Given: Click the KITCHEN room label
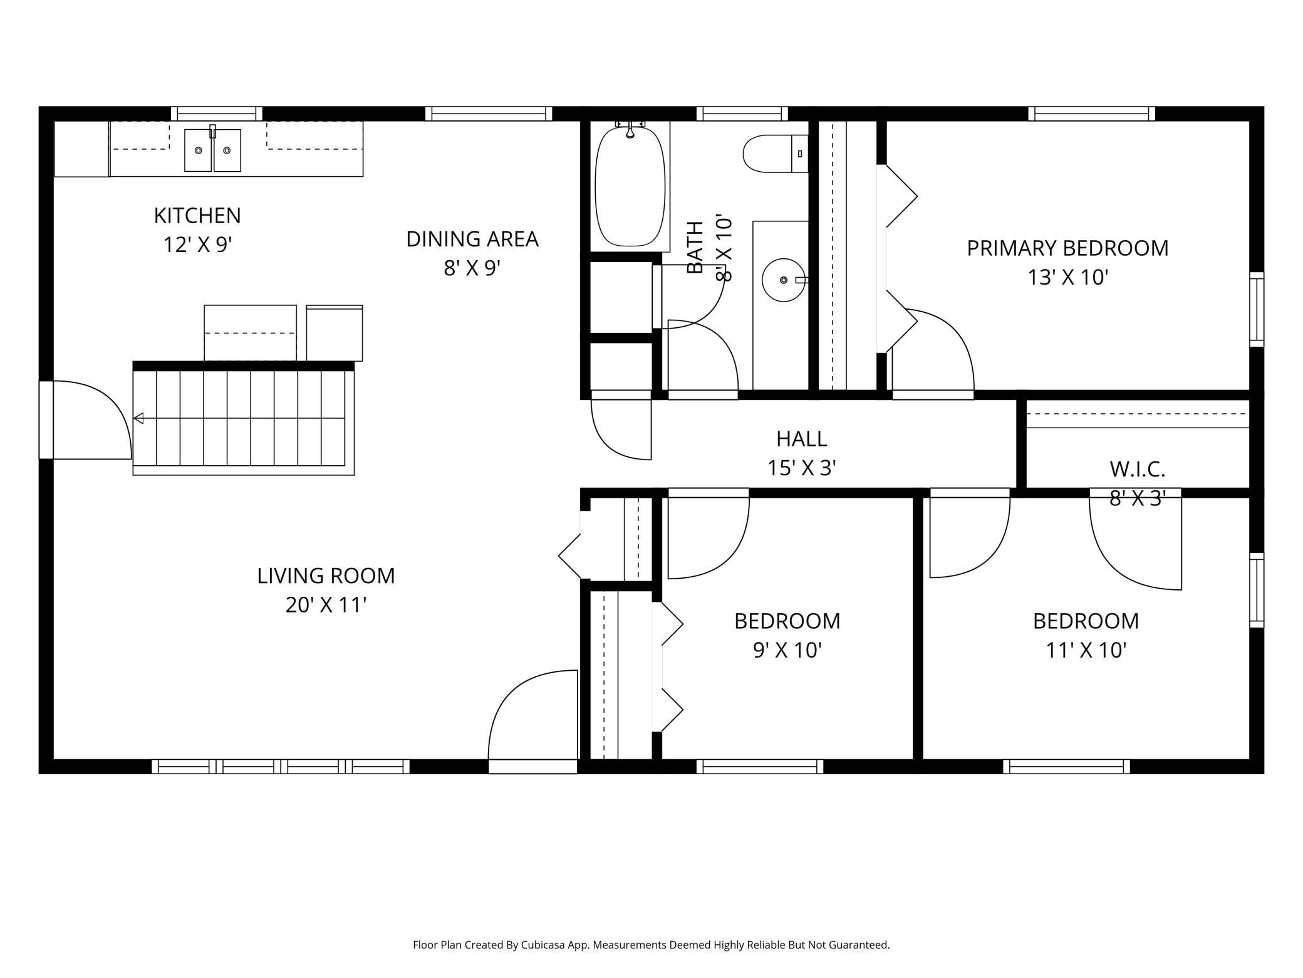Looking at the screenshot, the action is [x=197, y=216].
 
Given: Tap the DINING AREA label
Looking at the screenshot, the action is [x=472, y=239].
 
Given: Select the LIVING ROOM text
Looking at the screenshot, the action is [x=326, y=576].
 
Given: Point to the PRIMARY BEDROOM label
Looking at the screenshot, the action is [x=1067, y=248].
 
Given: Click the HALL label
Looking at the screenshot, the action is [x=802, y=439].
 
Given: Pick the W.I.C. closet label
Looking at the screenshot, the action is [x=1138, y=469].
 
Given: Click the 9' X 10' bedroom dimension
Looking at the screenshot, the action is [x=787, y=651].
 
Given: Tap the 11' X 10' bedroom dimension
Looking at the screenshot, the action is [x=1086, y=651].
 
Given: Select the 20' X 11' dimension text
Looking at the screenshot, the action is [x=326, y=605].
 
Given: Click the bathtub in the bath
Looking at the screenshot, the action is [x=630, y=187].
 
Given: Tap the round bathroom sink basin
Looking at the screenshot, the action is [x=783, y=280].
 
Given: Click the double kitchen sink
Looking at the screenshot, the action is [x=212, y=150].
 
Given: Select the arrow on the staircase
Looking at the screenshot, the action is [x=239, y=418].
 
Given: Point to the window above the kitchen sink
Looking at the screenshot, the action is [x=216, y=113].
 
